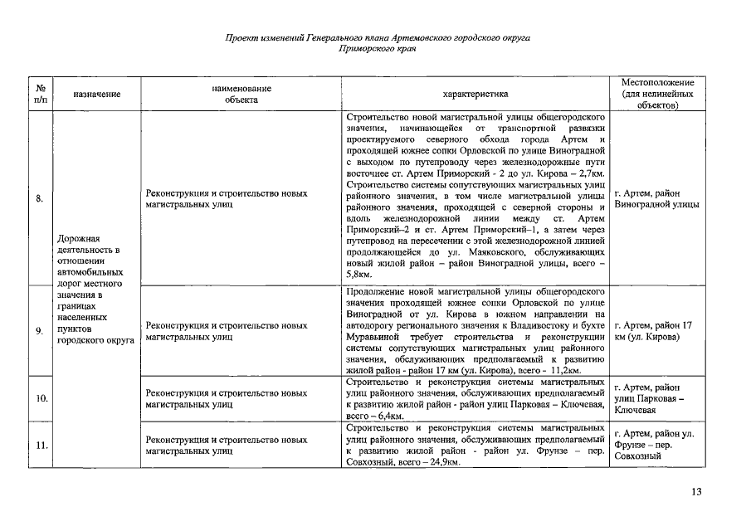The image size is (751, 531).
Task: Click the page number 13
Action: [x=696, y=492]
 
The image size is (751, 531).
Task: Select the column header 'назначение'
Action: [x=97, y=95]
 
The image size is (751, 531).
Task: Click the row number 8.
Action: [x=41, y=198]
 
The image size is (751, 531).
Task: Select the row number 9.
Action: [x=41, y=332]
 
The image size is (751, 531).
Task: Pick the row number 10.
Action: [x=41, y=399]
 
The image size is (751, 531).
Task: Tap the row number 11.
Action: [x=41, y=445]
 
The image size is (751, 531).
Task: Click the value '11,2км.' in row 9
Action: [x=562, y=370]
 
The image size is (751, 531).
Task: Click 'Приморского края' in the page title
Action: [x=378, y=49]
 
